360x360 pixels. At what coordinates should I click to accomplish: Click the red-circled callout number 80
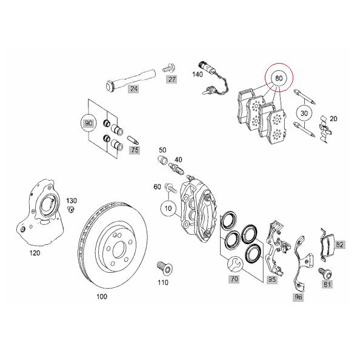click(x=279, y=79)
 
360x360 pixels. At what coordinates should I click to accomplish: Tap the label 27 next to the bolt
click(x=172, y=79)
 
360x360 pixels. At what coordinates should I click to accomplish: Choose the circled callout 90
click(x=90, y=123)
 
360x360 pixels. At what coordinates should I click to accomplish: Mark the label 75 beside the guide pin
click(x=135, y=150)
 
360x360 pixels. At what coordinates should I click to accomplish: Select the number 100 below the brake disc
click(x=102, y=297)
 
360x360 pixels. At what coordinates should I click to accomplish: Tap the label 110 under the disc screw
click(x=163, y=282)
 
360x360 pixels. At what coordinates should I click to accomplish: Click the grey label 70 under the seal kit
click(x=233, y=279)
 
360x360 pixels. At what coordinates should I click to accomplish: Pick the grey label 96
click(x=298, y=296)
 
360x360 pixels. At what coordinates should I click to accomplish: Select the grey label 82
click(x=339, y=244)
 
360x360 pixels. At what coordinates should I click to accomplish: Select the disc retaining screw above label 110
click(x=162, y=267)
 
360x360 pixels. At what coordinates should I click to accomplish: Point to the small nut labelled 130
click(x=71, y=209)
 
